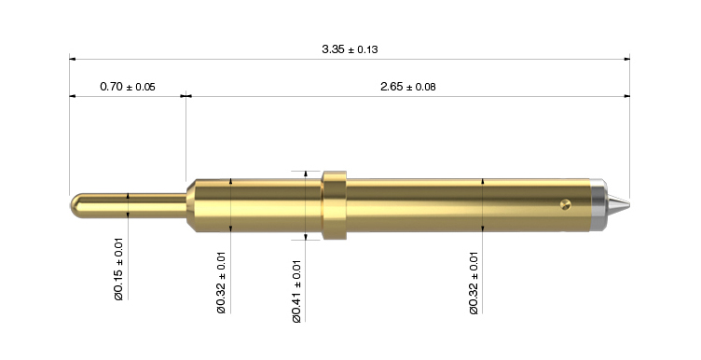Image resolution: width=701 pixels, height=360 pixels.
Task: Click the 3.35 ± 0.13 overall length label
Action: click(350, 48)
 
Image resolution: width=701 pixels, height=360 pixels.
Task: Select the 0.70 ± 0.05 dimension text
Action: click(128, 87)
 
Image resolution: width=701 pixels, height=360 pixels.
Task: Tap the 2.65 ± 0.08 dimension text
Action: click(407, 87)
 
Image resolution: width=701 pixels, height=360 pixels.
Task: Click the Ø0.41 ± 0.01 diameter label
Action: click(296, 291)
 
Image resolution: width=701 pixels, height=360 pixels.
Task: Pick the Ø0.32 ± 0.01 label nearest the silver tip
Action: click(474, 284)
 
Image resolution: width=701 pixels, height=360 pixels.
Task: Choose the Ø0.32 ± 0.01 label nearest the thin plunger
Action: click(221, 283)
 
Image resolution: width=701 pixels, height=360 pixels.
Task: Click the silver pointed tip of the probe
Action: click(619, 205)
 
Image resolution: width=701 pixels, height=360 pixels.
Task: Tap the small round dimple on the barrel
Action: click(566, 205)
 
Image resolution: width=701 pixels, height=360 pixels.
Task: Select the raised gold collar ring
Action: click(335, 205)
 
